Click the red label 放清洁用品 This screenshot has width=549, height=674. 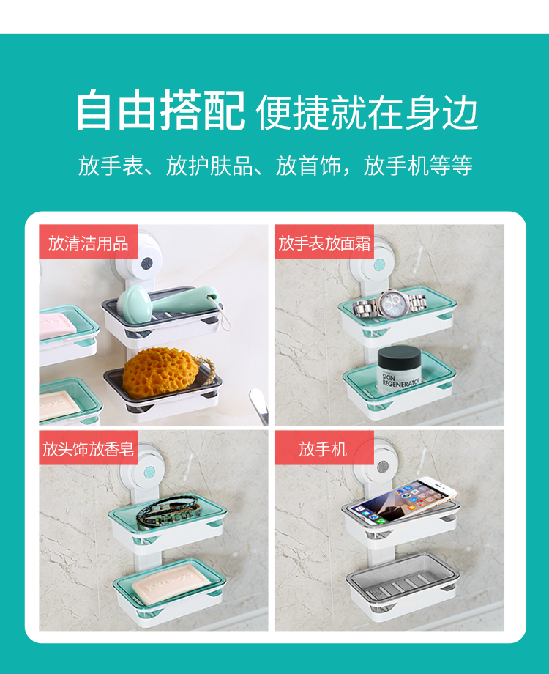(88, 242)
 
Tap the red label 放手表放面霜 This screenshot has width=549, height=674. (324, 242)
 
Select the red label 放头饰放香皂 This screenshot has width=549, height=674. (88, 448)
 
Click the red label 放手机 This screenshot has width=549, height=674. (324, 448)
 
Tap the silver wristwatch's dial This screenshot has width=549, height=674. (393, 304)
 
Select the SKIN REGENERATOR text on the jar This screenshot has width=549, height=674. (400, 380)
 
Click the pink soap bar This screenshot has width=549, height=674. (57, 325)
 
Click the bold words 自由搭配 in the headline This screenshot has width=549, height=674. (160, 110)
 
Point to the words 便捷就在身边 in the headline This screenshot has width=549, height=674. (367, 112)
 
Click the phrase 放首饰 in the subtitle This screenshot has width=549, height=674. (308, 166)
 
